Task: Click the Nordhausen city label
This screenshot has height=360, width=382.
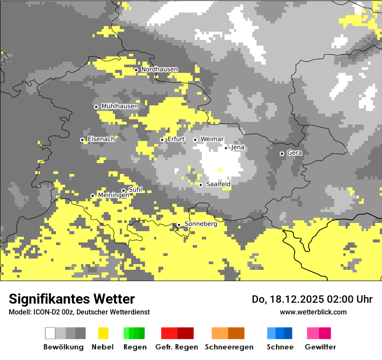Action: [159, 69]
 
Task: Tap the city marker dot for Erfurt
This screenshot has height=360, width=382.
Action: [162, 140]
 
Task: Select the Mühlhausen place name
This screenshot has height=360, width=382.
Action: [119, 106]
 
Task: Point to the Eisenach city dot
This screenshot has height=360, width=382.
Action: [82, 140]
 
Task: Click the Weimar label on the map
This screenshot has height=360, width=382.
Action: [212, 139]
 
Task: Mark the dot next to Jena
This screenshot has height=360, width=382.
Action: [226, 148]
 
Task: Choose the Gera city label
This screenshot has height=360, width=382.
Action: [294, 153]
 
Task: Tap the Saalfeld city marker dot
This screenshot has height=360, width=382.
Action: [201, 185]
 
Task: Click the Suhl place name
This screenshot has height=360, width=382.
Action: [135, 190]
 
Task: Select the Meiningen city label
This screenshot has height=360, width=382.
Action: [113, 196]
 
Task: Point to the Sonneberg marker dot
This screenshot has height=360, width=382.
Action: [179, 225]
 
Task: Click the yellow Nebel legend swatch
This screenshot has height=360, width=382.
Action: [103, 333]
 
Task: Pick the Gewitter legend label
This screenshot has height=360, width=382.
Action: [320, 347]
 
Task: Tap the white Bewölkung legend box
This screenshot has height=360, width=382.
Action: [50, 333]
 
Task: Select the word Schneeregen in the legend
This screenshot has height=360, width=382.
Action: [229, 347]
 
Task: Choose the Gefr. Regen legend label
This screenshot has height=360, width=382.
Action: [177, 347]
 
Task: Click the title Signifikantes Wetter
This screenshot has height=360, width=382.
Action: [72, 299]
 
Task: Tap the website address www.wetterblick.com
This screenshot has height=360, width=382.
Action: [313, 312]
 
